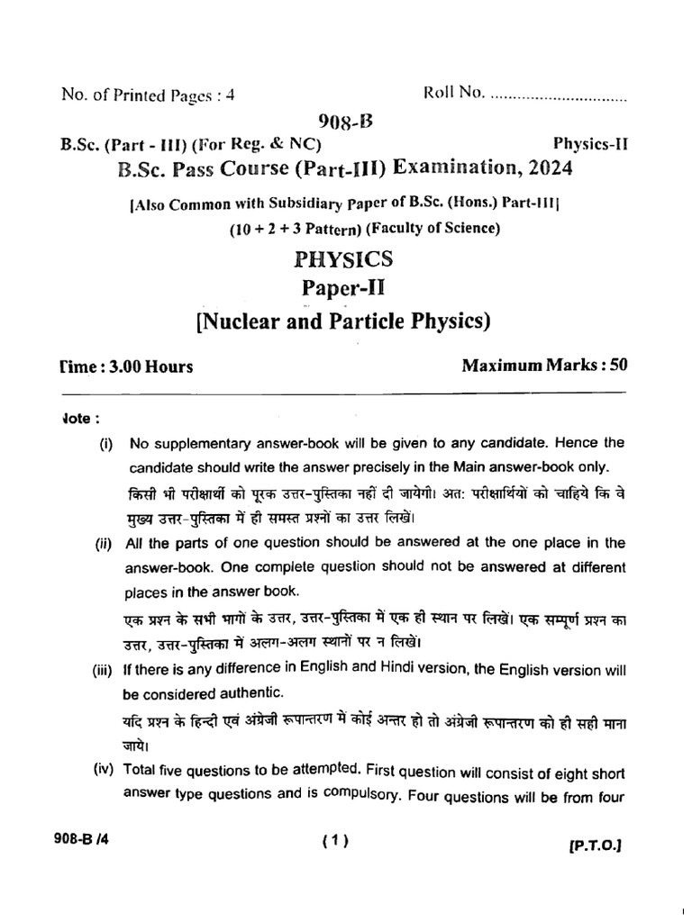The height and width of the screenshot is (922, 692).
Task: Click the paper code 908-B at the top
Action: (x=347, y=122)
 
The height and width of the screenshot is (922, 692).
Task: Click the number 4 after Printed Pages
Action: (x=231, y=94)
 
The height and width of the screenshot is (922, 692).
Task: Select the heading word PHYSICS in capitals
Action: (x=344, y=260)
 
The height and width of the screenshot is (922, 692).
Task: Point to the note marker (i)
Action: (x=105, y=444)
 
